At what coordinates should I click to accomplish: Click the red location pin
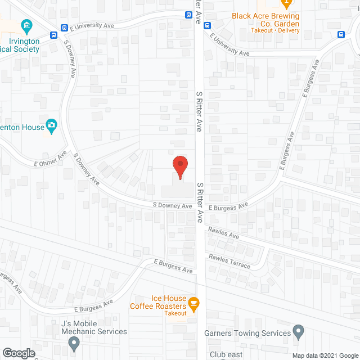point(179,166)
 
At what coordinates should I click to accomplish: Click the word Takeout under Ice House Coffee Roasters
point(175,313)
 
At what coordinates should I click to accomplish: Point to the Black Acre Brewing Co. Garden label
point(265,20)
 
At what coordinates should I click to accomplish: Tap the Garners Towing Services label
point(247,333)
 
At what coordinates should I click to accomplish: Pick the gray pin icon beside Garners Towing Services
point(298,331)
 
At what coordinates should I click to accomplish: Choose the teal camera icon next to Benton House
point(52,126)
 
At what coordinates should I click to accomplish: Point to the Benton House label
point(22,128)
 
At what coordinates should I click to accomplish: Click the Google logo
point(19,353)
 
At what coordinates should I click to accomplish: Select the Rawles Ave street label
point(223,232)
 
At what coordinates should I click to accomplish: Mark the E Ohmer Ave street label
point(50,157)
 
